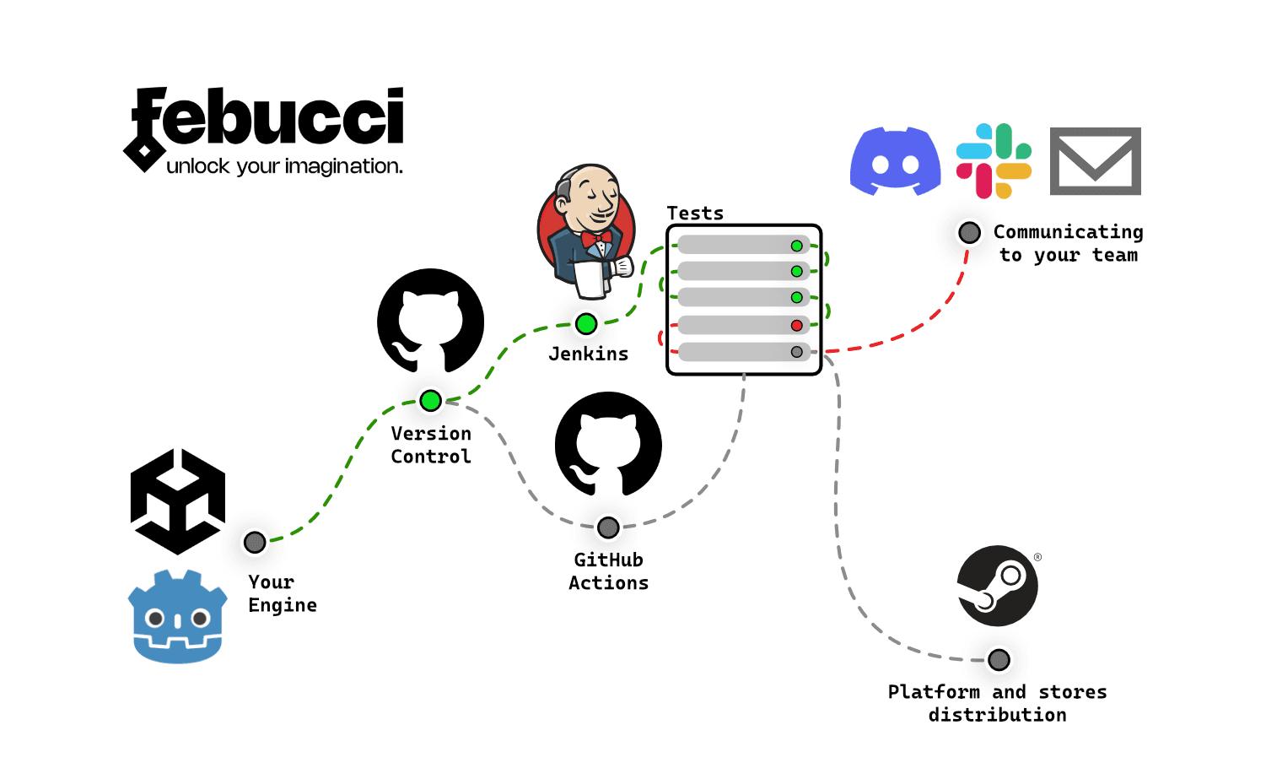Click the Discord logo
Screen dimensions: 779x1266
tap(895, 161)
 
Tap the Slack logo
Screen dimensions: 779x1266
tap(994, 161)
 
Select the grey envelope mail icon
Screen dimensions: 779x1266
tap(1095, 161)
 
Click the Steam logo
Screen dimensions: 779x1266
tap(997, 586)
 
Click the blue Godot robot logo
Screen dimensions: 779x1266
tap(177, 617)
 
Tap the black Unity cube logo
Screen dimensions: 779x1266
tap(178, 501)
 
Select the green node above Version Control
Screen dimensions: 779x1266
tap(430, 401)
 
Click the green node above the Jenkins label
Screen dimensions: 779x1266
tap(586, 323)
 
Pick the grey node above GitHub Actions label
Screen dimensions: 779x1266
tap(608, 527)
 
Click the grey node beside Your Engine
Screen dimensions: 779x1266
tap(255, 542)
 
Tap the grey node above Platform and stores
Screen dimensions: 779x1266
tap(999, 659)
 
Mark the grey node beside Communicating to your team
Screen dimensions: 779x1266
tap(969, 232)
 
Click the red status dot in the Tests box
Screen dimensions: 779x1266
tap(796, 325)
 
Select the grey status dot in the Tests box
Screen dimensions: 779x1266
tap(796, 352)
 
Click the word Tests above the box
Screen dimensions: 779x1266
tap(695, 214)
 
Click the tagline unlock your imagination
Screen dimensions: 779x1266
tap(284, 166)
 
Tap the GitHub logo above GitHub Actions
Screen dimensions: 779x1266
tap(608, 444)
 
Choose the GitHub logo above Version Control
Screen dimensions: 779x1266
tap(430, 322)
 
